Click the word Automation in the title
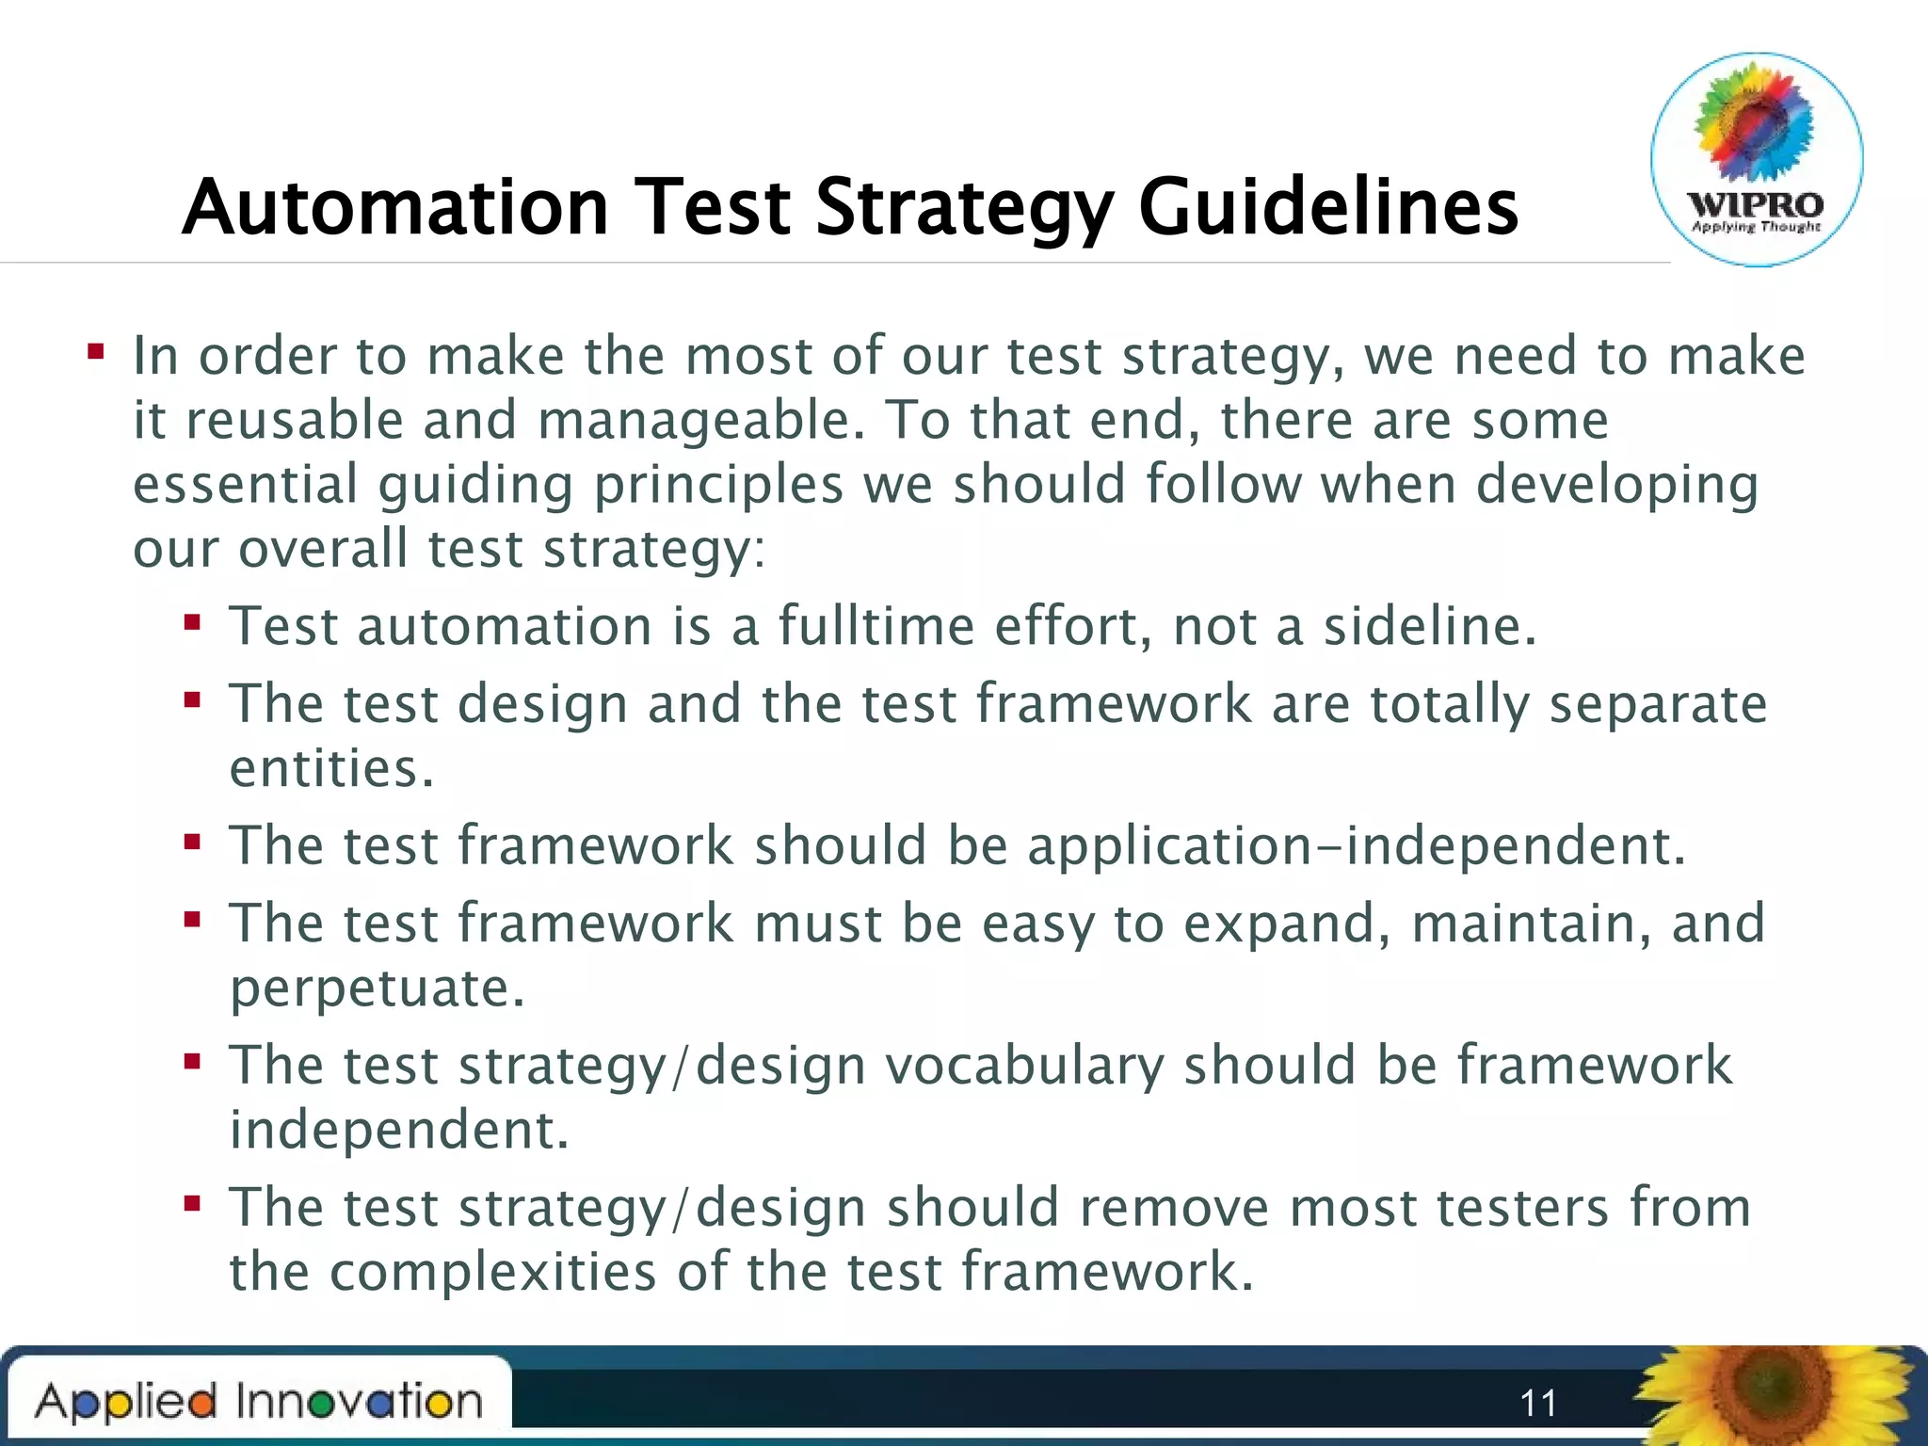point(396,207)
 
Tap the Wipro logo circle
point(1757,160)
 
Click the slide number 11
point(1538,1404)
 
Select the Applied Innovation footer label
point(259,1402)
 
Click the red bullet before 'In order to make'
point(95,353)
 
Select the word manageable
point(699,422)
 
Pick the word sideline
point(1429,626)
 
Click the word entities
point(331,768)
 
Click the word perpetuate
point(377,988)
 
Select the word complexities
point(492,1272)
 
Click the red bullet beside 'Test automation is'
point(193,622)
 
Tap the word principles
point(717,486)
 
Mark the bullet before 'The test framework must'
point(193,920)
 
